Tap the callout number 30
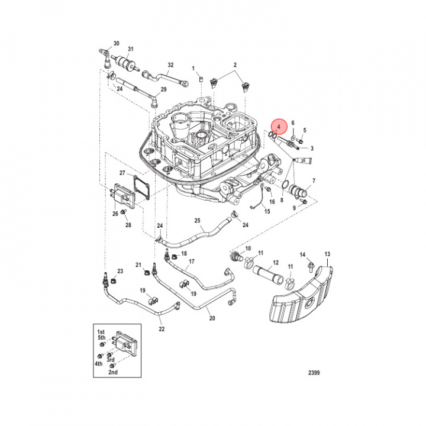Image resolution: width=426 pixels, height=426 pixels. pos(116,43)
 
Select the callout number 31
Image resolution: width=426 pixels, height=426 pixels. pos(131,49)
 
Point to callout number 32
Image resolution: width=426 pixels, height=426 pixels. pos(170,64)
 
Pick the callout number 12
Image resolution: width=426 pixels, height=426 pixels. pos(275,262)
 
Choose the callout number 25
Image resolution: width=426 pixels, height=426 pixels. pos(198,220)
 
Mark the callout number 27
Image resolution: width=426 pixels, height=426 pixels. pos(122,173)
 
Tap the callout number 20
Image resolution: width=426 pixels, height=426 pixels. pos(212,318)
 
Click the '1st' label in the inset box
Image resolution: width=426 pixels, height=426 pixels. pos(101,333)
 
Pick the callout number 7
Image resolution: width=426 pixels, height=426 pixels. pos(313,180)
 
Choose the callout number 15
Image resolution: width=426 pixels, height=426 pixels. pos(267,211)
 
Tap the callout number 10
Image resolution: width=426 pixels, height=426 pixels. pos(248,248)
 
